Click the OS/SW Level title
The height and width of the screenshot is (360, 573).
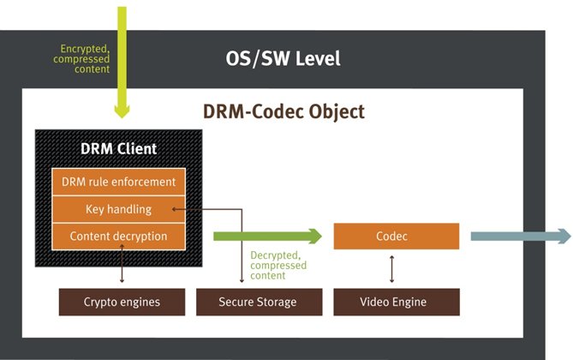[284, 58]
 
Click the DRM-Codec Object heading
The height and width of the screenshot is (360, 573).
[284, 111]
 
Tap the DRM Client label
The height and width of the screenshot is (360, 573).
[118, 148]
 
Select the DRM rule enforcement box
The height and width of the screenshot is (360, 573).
[119, 182]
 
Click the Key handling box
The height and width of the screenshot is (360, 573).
[119, 209]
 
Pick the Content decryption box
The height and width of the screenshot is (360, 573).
[119, 236]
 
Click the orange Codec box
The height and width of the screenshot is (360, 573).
[396, 236]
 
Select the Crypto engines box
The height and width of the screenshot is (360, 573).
[122, 302]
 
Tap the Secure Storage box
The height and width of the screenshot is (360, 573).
[258, 302]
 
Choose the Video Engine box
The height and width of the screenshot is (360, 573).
[396, 302]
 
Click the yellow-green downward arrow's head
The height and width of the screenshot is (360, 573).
[122, 110]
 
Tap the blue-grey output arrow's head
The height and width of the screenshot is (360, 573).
[564, 236]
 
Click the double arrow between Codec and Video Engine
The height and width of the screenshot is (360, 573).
[392, 268]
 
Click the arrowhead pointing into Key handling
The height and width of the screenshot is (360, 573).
[175, 208]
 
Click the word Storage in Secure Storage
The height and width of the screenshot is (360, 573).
[276, 302]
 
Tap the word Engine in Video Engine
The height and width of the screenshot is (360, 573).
[410, 302]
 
